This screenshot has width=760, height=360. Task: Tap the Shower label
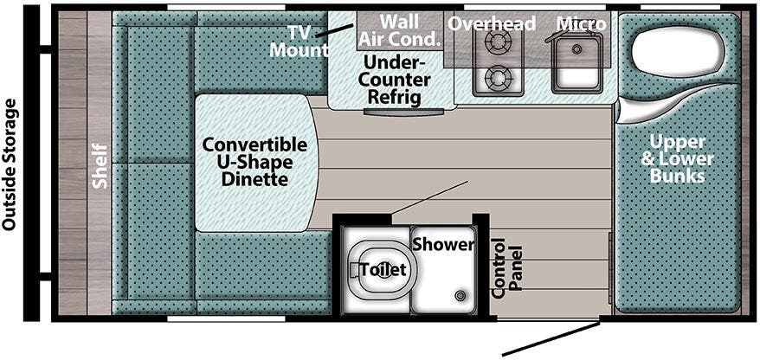[x=443, y=245]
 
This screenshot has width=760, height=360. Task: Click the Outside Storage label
[x=10, y=164]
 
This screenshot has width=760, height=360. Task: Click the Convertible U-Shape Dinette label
[x=254, y=161]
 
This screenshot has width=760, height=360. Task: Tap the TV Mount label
[x=299, y=41]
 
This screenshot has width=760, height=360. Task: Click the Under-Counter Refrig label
[x=394, y=80]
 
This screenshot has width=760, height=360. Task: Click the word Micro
[x=581, y=23]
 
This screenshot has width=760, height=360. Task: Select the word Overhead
[x=492, y=23]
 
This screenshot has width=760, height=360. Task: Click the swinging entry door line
[x=551, y=338]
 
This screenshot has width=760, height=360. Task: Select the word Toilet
[x=383, y=270]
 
